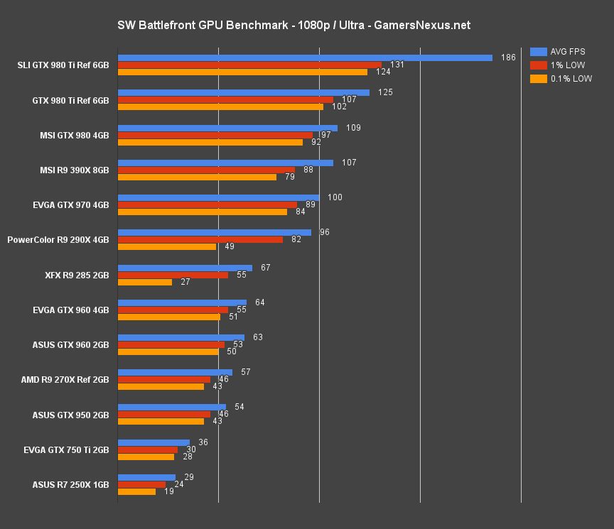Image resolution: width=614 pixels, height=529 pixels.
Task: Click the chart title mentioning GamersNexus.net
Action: (x=293, y=26)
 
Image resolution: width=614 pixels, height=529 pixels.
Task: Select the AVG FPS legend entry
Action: (x=561, y=51)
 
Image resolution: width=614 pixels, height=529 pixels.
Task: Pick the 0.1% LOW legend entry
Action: (x=561, y=78)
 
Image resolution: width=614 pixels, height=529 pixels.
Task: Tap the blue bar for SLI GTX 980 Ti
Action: (x=305, y=58)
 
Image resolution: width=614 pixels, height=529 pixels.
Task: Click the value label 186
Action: (x=508, y=58)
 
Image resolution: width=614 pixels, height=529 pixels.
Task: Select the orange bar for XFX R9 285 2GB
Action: (x=144, y=282)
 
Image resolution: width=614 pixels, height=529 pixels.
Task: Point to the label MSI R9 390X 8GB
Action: (x=74, y=170)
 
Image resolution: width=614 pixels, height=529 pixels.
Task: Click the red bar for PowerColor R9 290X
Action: (x=200, y=239)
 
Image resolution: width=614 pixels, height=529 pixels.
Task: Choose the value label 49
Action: (x=230, y=247)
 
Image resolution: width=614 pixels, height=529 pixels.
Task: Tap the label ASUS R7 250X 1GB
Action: (x=70, y=485)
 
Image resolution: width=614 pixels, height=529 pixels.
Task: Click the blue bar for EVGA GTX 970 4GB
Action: (x=218, y=197)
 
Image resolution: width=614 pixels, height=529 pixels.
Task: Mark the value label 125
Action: (x=385, y=92)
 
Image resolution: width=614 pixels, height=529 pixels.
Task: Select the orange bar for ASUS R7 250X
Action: (x=136, y=491)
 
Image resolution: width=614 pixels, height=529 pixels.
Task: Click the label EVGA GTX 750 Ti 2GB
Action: (x=70, y=450)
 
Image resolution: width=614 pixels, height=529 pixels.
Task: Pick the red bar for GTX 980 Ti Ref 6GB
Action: (x=225, y=99)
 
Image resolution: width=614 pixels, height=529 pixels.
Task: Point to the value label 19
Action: (x=169, y=491)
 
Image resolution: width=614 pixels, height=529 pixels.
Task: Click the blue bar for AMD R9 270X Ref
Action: (x=175, y=372)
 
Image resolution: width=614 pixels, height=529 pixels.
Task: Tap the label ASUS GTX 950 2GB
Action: (x=70, y=415)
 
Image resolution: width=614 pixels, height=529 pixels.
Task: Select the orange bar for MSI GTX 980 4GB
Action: (x=210, y=142)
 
